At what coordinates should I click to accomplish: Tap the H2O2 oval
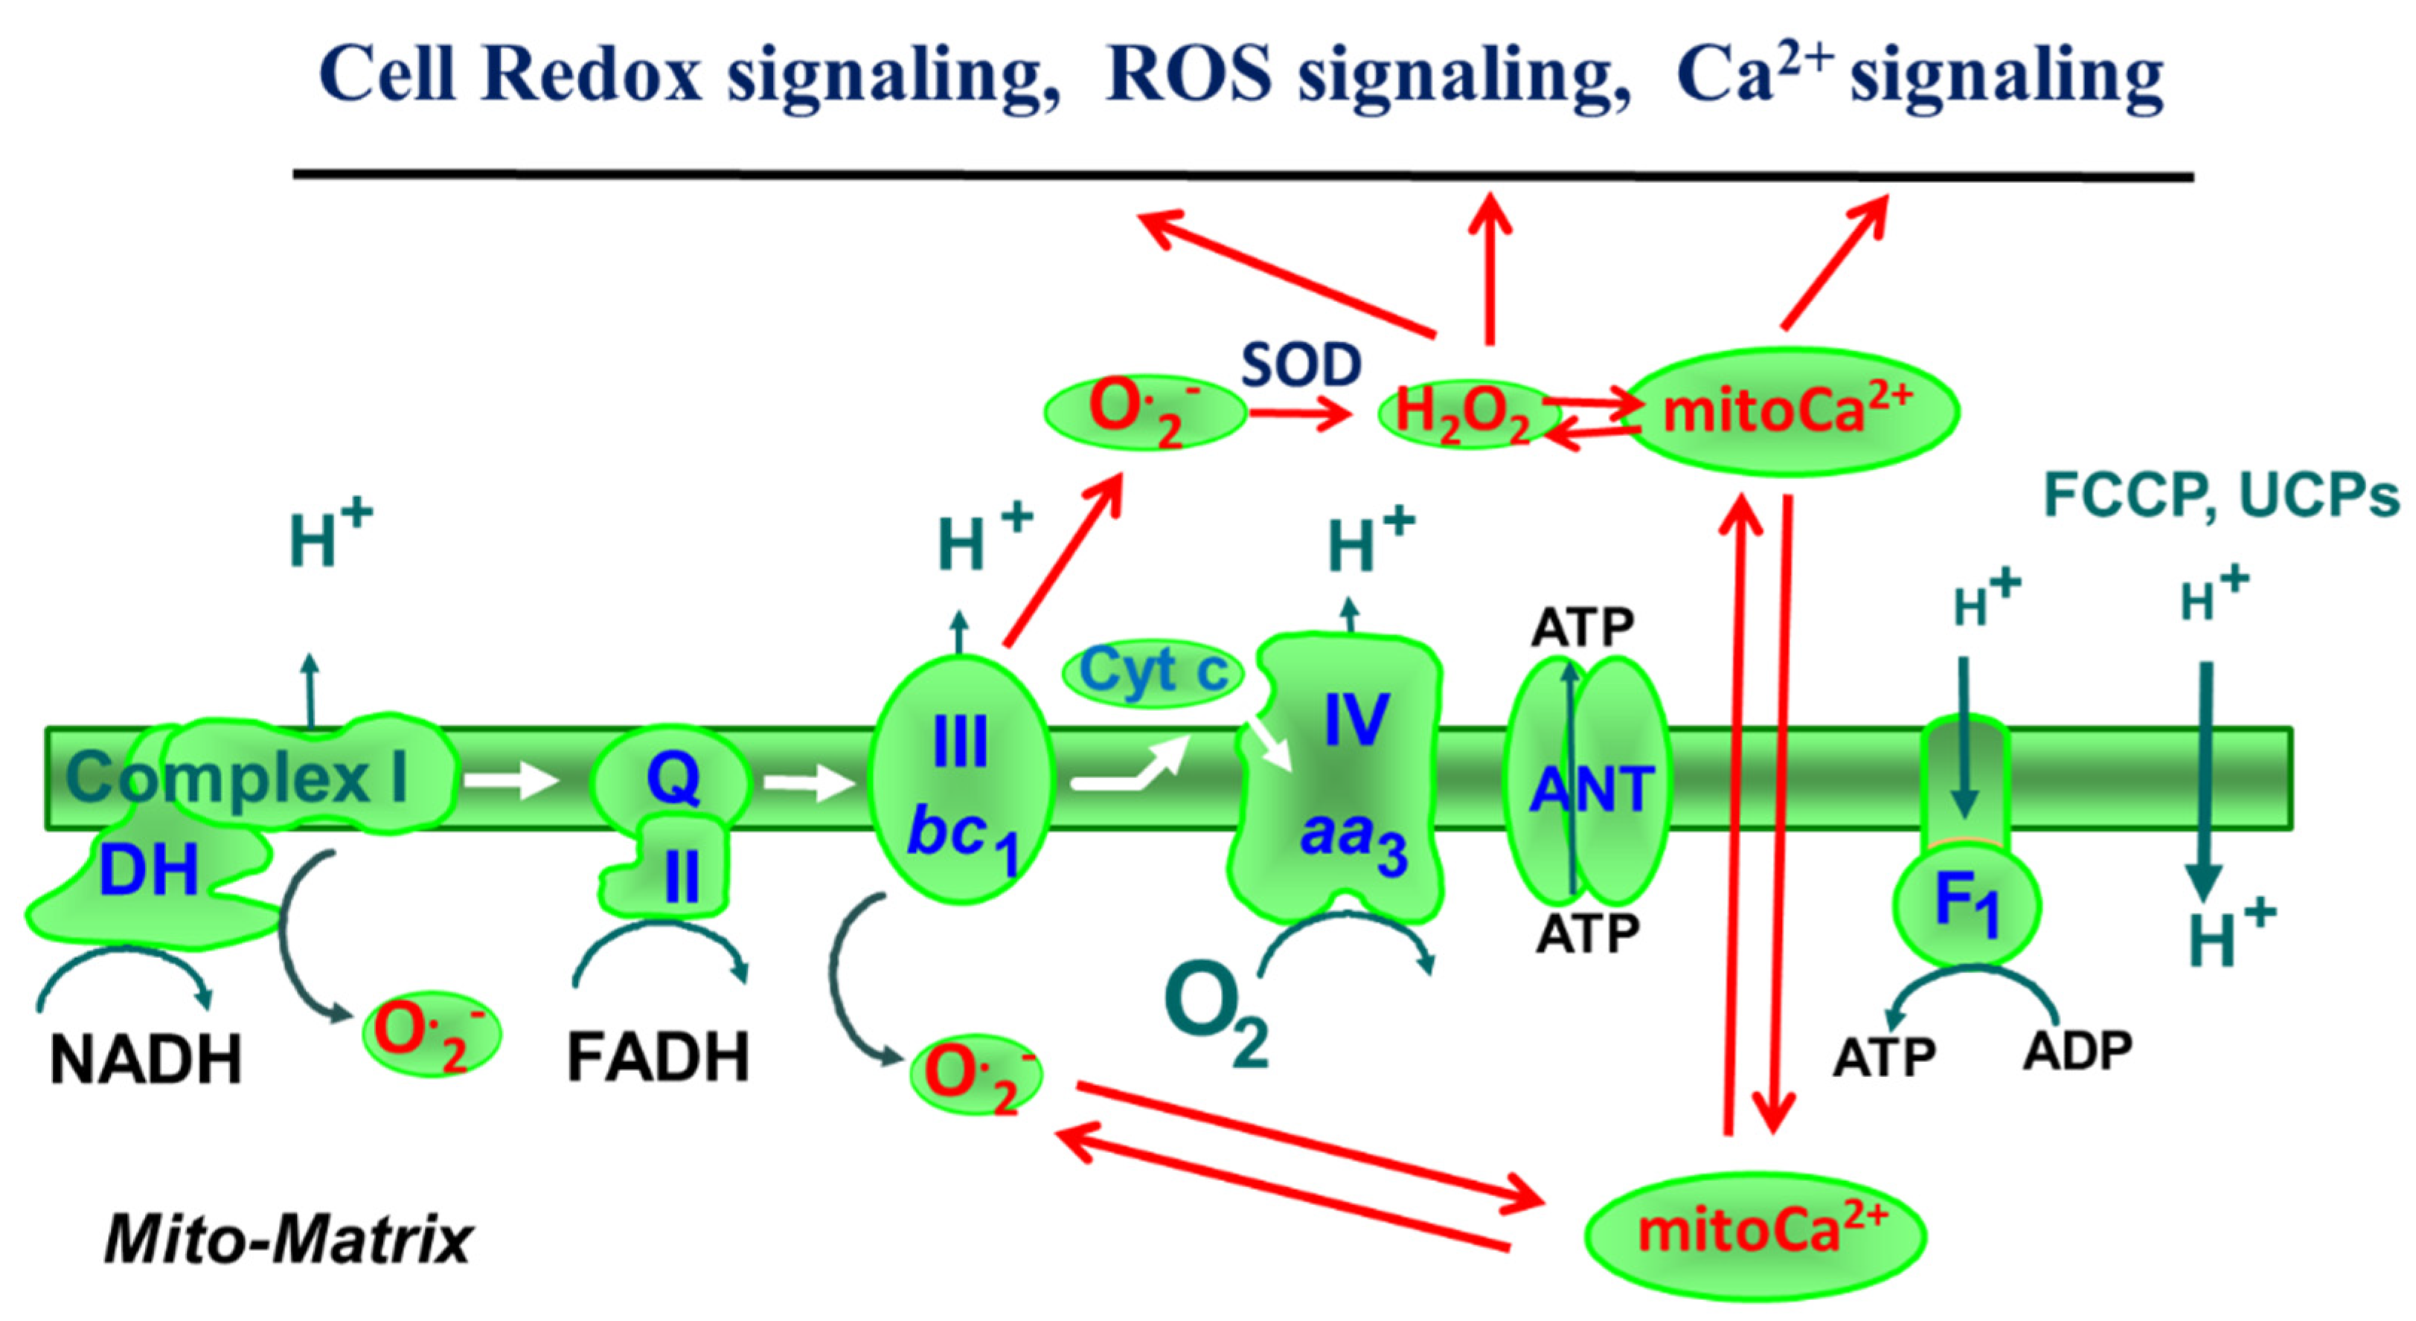[1459, 414]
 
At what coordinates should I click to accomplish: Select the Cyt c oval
[1153, 671]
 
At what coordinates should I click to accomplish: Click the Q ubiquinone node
[672, 778]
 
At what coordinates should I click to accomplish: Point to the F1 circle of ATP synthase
[1967, 907]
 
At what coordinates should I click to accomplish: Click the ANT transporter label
[1591, 789]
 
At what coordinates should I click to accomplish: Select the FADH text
[659, 1058]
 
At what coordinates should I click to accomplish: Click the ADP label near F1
[2077, 1051]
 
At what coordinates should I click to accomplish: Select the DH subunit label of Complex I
[148, 871]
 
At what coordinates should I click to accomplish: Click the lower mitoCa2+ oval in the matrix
[1755, 1235]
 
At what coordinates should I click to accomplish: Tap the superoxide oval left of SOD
[1144, 411]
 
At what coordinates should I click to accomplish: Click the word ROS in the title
[1189, 75]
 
